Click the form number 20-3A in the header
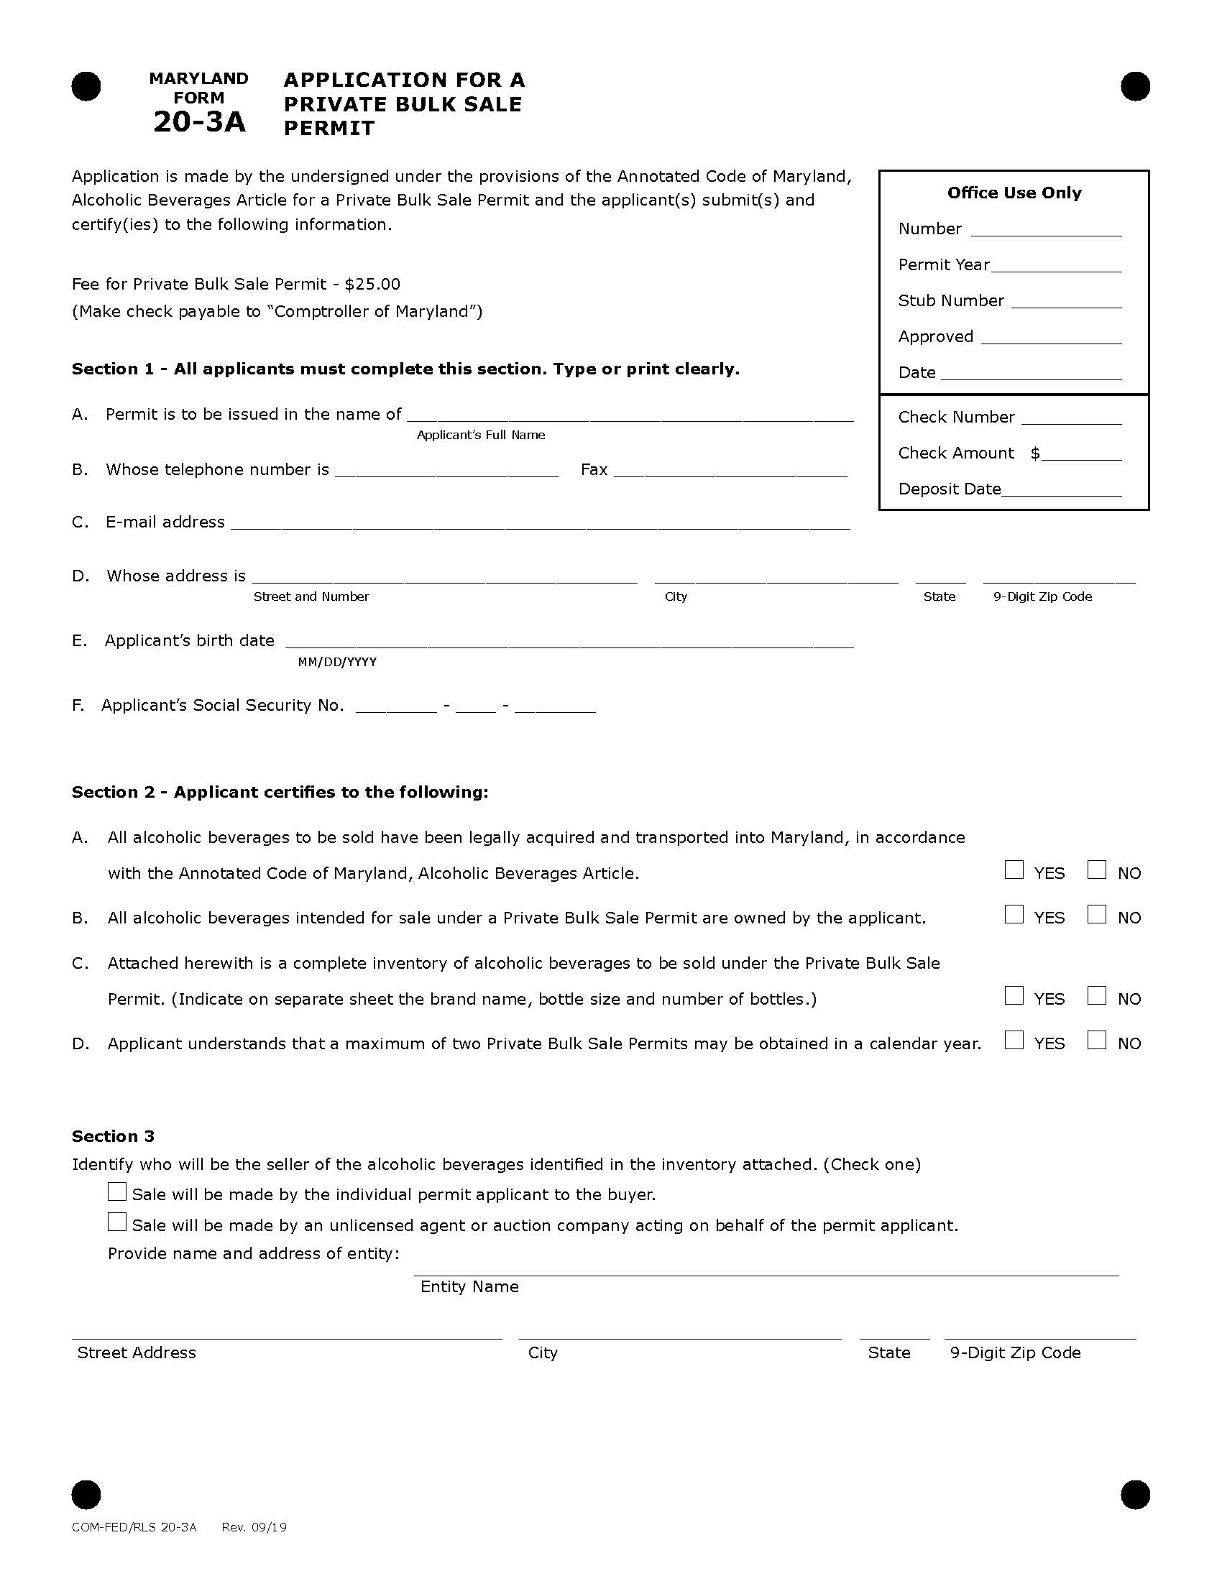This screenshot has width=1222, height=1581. tap(199, 122)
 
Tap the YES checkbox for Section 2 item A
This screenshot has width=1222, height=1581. tap(1014, 870)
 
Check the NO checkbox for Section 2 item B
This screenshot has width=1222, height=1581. tap(1097, 914)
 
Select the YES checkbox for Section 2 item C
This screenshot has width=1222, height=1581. tap(1014, 995)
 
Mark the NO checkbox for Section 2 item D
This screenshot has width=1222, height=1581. tap(1097, 1041)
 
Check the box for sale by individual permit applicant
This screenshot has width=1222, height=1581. tap(116, 1191)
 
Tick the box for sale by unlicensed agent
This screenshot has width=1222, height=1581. tap(116, 1222)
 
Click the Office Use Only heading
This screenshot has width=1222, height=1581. tap(1014, 193)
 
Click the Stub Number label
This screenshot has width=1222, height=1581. tap(950, 300)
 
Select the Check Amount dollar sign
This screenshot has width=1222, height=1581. tap(1035, 453)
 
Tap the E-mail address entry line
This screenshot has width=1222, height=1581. tap(539, 525)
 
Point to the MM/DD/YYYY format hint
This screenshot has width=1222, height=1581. tap(337, 662)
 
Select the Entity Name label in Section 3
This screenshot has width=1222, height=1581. tap(469, 1286)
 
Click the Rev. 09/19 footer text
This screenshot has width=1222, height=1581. tap(254, 1527)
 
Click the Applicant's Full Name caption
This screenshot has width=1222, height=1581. tap(481, 435)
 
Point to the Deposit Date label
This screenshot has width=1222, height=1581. tap(949, 489)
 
